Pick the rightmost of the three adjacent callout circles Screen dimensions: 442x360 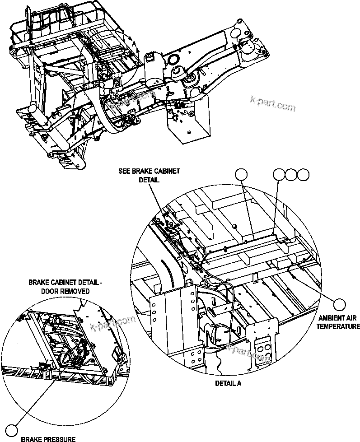point(304,174)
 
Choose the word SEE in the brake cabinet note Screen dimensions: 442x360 point(125,171)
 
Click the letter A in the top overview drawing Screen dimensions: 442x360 point(133,42)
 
